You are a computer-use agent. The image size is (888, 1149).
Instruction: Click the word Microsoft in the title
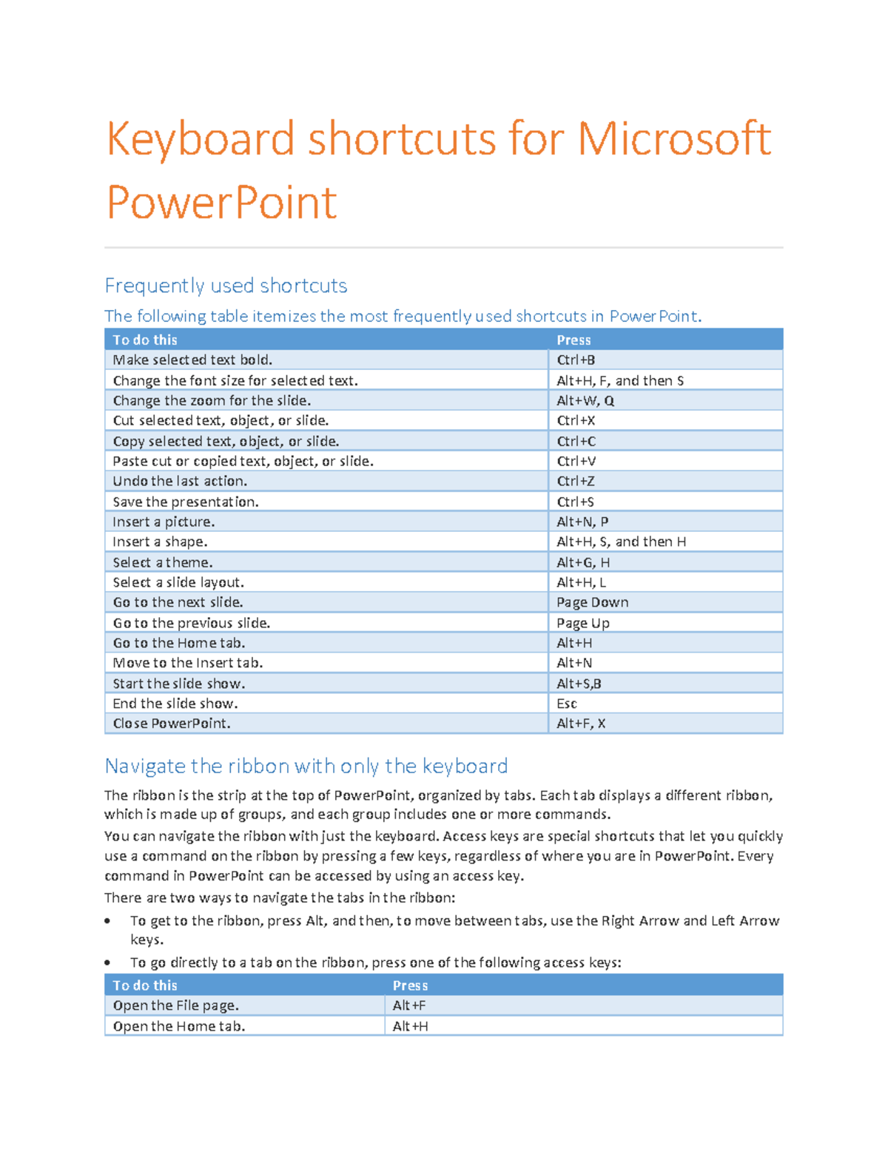pos(673,139)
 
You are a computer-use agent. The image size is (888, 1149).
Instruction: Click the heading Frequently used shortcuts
pos(226,286)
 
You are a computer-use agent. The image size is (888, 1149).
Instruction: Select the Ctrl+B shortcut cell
pos(576,360)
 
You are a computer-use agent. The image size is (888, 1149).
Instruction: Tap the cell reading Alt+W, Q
pos(585,401)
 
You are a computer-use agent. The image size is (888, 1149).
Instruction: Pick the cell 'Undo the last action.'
pos(180,482)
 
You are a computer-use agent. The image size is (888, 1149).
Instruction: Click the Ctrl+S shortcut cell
pos(575,502)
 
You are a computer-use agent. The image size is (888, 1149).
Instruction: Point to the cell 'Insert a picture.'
pos(164,522)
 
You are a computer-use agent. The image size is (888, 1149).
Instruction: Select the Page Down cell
pos(592,603)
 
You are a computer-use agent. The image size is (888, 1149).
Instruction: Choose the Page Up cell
pos(583,623)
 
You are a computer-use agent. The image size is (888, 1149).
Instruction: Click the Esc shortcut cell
pos(567,704)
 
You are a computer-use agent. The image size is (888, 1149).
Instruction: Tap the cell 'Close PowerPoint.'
pos(172,724)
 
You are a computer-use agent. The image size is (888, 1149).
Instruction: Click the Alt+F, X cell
pos(581,724)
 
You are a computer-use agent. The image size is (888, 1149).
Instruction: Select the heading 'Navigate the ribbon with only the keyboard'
pos(306,766)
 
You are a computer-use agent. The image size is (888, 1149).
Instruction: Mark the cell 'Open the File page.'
pos(176,1005)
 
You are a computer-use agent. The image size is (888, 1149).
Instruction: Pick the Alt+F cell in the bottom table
pos(409,1005)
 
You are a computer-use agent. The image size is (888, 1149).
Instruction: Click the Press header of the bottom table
pos(410,985)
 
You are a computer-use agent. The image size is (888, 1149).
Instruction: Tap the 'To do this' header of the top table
pos(145,340)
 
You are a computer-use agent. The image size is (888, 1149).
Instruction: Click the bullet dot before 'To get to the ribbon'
pos(108,921)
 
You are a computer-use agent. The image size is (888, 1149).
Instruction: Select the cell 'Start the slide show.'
pos(179,684)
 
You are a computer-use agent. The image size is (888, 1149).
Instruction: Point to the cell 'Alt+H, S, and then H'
pos(621,542)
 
